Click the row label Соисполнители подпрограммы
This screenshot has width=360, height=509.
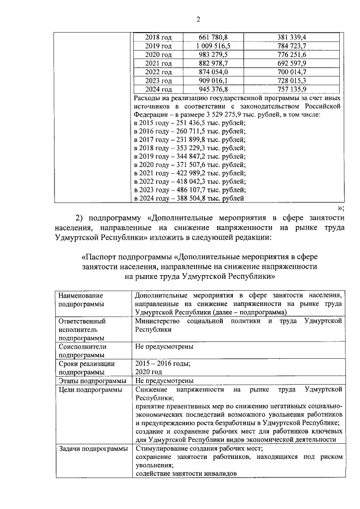click(x=82, y=351)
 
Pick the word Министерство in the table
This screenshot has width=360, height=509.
click(x=161, y=321)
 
